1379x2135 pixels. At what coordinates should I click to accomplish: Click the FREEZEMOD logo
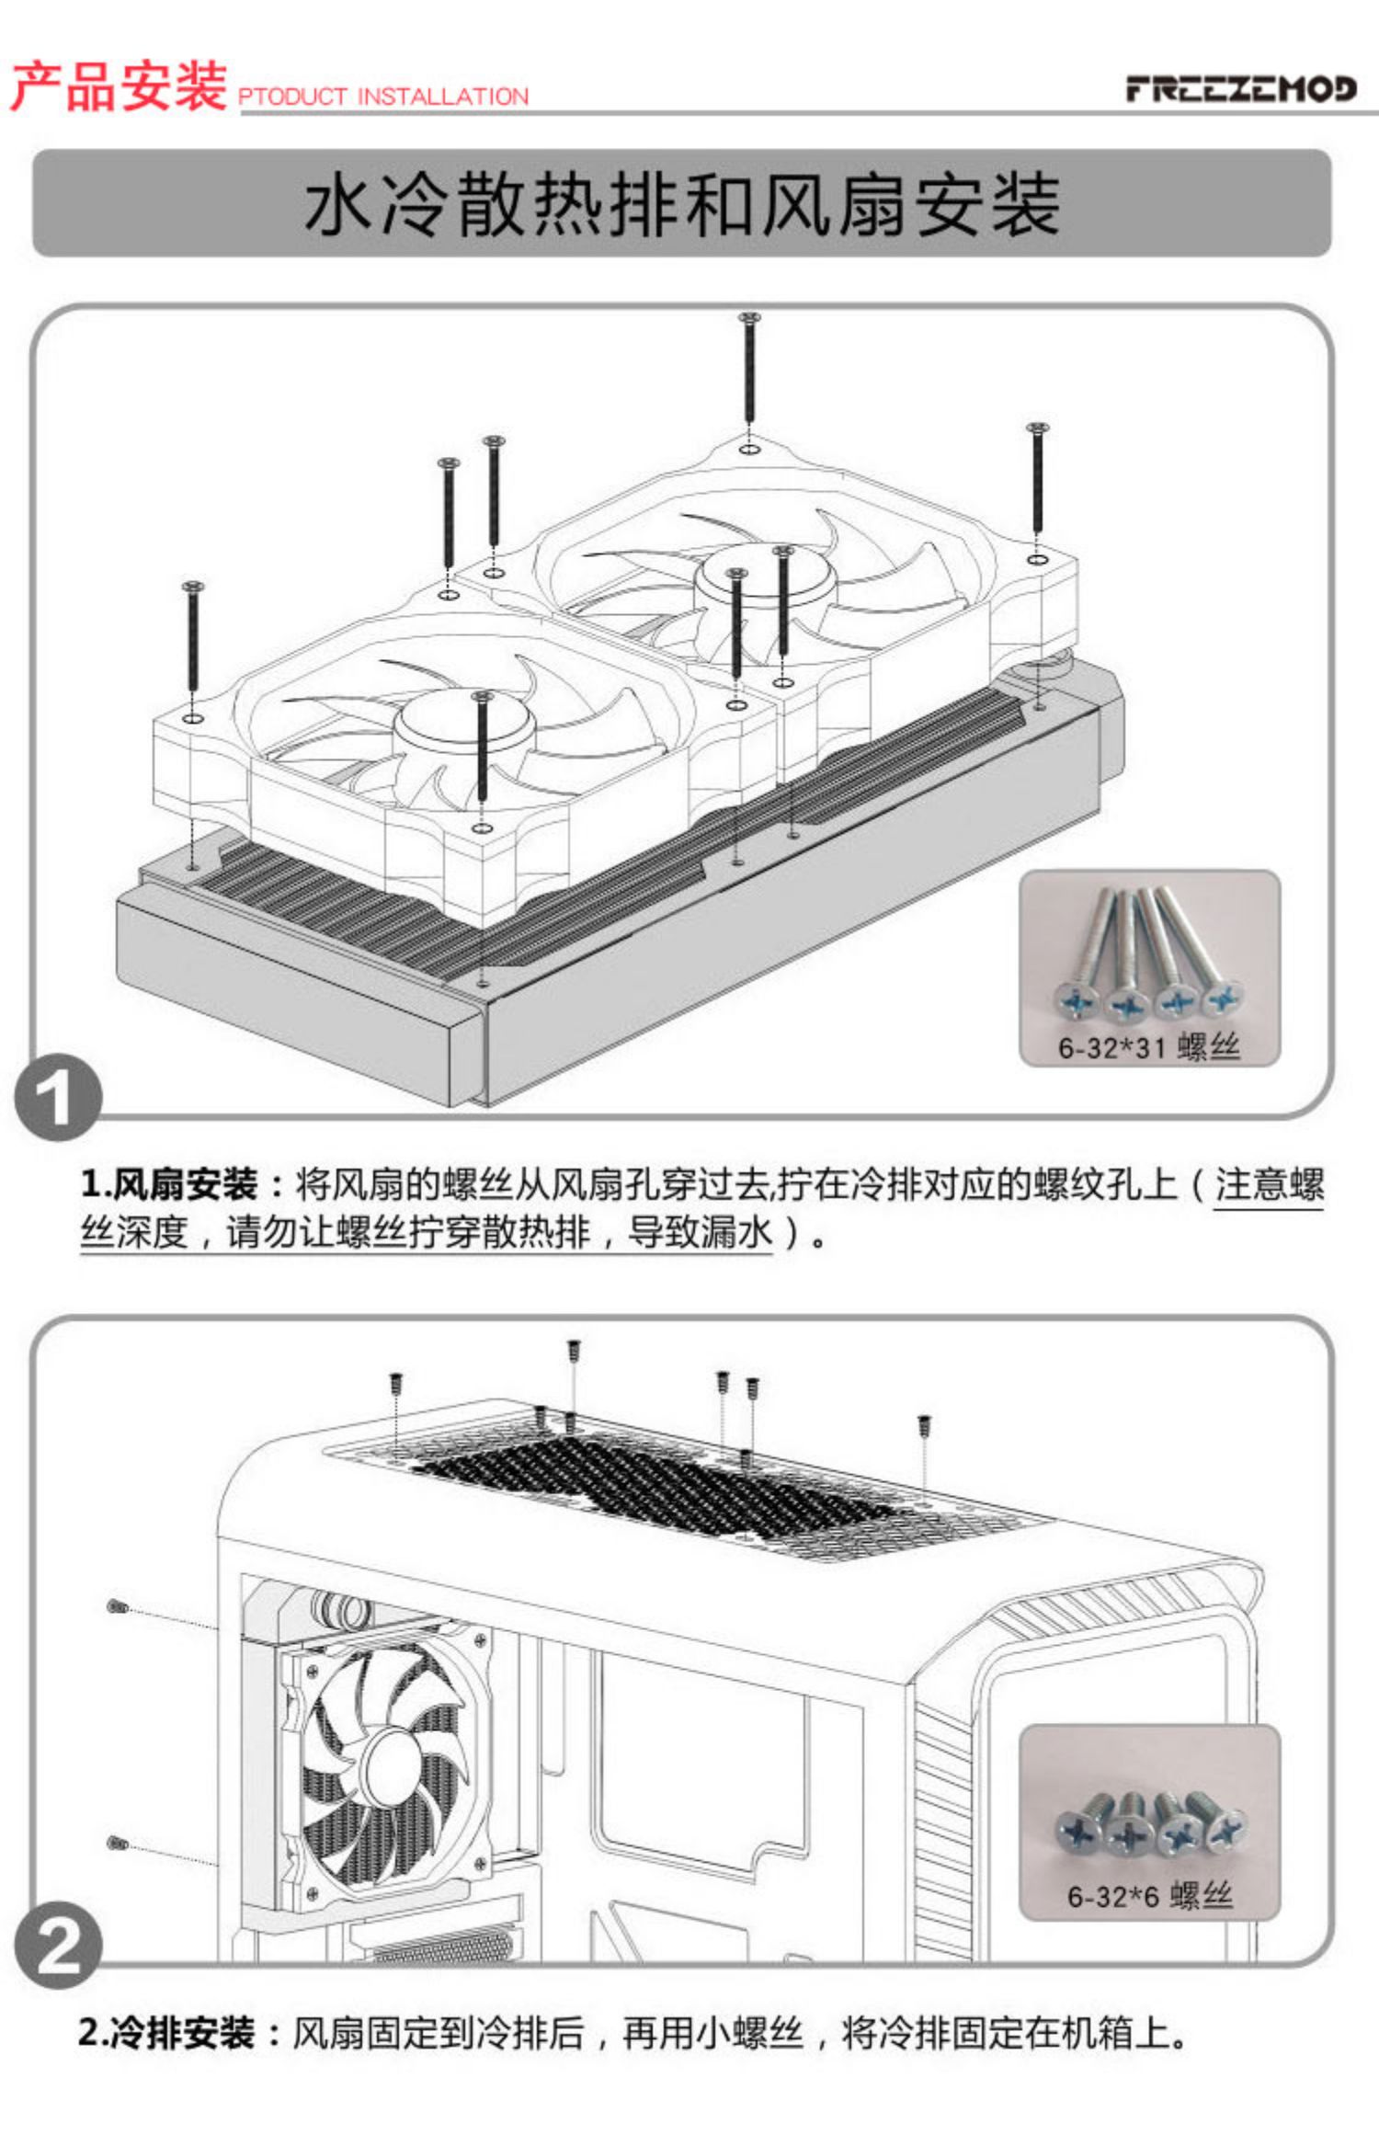pos(1241,88)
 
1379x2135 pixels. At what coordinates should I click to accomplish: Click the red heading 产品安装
pos(118,86)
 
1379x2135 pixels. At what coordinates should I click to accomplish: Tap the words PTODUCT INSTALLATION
pos(383,97)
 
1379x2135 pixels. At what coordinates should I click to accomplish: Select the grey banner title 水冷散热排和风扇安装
pos(682,203)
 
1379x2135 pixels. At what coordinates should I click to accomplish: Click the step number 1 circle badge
pos(58,1100)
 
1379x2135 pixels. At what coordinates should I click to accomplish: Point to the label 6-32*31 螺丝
pos(1149,1046)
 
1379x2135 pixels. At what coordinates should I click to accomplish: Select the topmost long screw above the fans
pos(749,368)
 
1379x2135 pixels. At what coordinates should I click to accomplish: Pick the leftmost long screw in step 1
pos(193,637)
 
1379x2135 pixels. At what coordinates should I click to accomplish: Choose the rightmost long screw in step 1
pos(1038,478)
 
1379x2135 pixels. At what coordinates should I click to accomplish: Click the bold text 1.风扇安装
pos(169,1184)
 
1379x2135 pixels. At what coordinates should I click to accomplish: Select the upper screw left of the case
pos(116,1605)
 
